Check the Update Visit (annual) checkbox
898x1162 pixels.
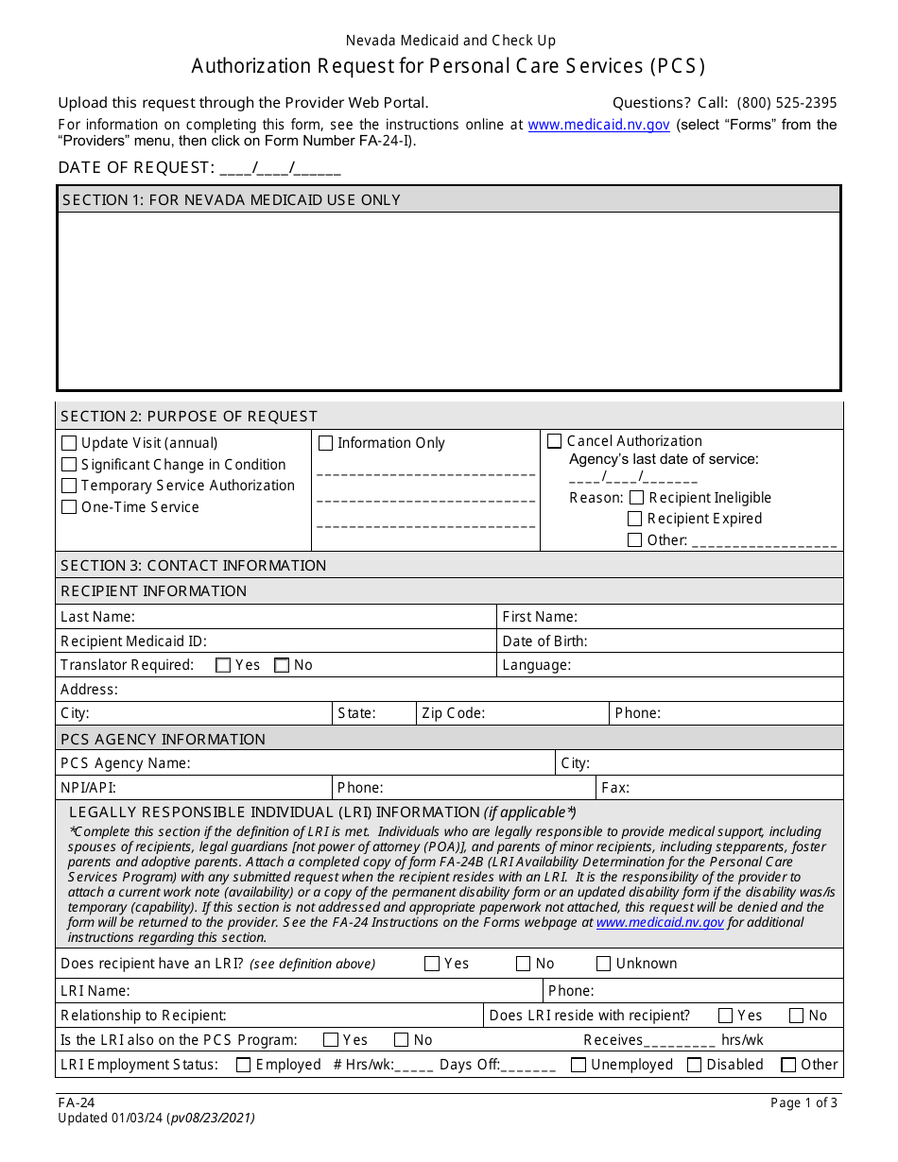69,443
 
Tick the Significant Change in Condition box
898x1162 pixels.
69,465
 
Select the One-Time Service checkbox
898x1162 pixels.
69,507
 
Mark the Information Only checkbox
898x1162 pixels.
325,443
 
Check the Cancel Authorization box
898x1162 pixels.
555,441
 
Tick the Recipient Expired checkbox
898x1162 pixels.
635,519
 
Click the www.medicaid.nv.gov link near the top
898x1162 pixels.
598,125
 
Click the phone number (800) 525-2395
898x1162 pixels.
786,103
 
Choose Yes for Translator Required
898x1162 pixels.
223,665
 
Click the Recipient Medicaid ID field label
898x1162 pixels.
133,641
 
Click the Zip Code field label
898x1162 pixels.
453,713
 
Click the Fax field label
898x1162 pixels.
615,788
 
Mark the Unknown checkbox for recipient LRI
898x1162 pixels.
604,965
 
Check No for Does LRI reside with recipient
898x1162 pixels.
797,1016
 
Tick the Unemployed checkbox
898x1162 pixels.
579,1066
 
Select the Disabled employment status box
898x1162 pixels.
694,1066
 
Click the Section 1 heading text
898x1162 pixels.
232,200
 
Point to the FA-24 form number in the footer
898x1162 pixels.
76,1102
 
